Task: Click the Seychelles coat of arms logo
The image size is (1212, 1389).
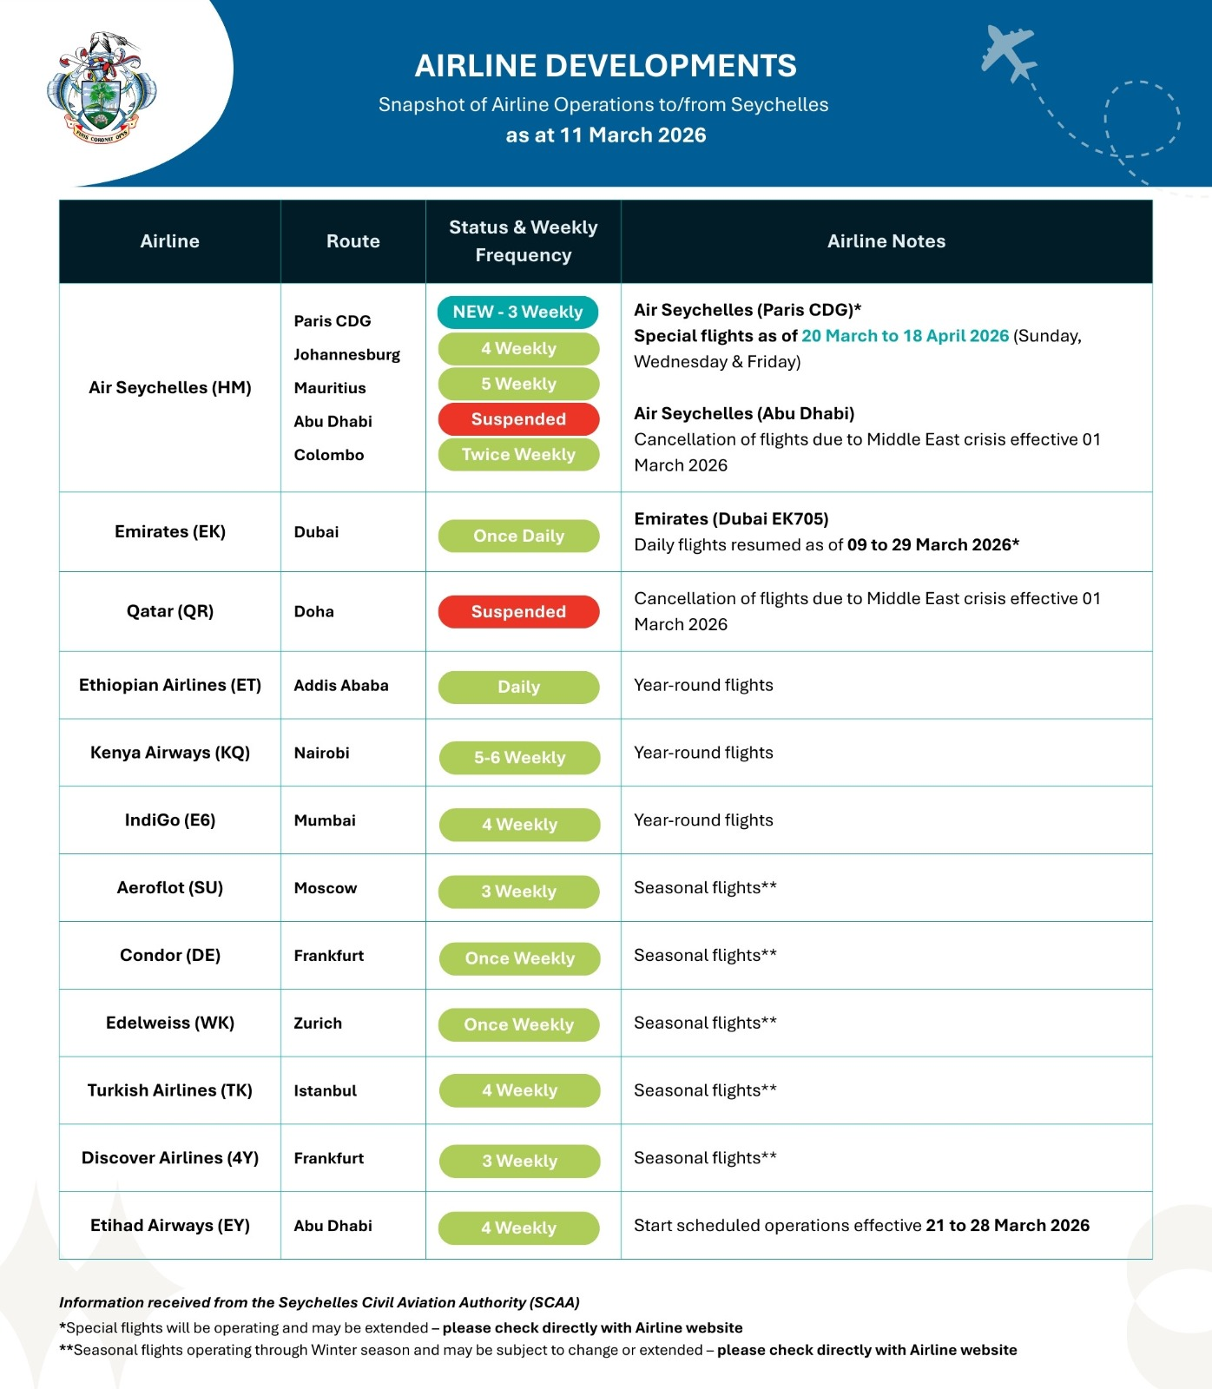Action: (x=102, y=88)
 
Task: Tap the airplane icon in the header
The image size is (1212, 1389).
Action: (x=1008, y=53)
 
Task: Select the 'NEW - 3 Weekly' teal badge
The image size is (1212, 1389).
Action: (x=517, y=313)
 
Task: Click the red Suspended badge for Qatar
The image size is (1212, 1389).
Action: (x=518, y=612)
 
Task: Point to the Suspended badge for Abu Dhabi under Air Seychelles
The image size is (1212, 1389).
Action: (x=518, y=419)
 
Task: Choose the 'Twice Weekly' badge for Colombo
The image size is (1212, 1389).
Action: (x=518, y=455)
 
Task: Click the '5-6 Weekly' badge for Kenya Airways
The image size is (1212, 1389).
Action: (x=519, y=758)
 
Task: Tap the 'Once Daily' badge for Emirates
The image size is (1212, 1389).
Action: (x=518, y=537)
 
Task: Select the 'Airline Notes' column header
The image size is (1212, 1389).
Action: (x=886, y=241)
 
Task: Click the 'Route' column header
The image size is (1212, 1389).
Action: (x=352, y=241)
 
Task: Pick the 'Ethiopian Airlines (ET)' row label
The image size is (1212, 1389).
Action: (x=170, y=685)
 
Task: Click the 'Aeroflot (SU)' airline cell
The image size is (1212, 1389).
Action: (x=170, y=887)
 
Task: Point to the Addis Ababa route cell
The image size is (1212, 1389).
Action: (x=341, y=686)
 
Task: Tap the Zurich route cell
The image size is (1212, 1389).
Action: (x=318, y=1024)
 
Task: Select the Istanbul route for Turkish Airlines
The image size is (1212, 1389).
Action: (x=326, y=1091)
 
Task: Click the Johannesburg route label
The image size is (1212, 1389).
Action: (x=346, y=355)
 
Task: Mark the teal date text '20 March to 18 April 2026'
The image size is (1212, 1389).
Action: (x=905, y=336)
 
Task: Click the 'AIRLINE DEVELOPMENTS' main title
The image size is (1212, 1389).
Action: (x=605, y=66)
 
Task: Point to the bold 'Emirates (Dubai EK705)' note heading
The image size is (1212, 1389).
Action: (x=731, y=519)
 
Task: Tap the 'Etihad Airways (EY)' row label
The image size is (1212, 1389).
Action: (x=170, y=1226)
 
